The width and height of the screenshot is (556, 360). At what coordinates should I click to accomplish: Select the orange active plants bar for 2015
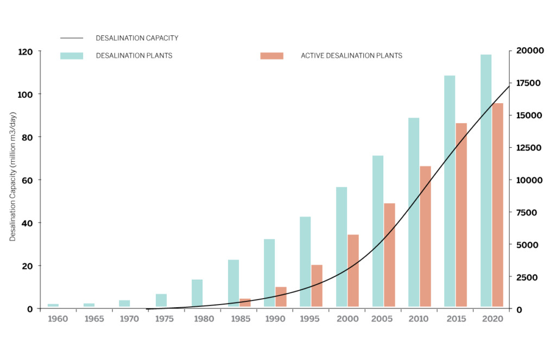click(x=461, y=215)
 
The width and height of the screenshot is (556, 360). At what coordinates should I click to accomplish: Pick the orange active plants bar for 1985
click(x=245, y=303)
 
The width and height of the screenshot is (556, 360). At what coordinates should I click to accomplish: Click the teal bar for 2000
click(x=342, y=247)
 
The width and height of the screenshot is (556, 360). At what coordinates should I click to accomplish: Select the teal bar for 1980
click(x=197, y=293)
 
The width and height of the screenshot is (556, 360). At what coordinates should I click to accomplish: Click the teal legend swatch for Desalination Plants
click(x=72, y=55)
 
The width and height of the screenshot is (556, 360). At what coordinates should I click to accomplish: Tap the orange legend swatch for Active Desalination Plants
click(x=271, y=55)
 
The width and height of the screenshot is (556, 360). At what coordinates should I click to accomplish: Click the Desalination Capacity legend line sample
click(x=72, y=38)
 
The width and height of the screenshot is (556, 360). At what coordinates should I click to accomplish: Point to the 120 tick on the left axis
click(x=41, y=52)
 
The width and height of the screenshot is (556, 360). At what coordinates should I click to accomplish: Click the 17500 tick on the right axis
click(x=528, y=83)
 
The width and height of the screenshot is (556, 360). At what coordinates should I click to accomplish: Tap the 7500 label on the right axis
click(x=526, y=212)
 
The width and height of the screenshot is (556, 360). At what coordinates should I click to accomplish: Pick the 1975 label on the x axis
click(x=164, y=319)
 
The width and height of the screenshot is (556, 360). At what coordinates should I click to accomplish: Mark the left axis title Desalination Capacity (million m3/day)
click(x=13, y=176)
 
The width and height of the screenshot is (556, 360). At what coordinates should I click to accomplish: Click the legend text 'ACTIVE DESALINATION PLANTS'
click(x=351, y=55)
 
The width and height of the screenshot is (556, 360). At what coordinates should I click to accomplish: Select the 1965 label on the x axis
click(x=93, y=319)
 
